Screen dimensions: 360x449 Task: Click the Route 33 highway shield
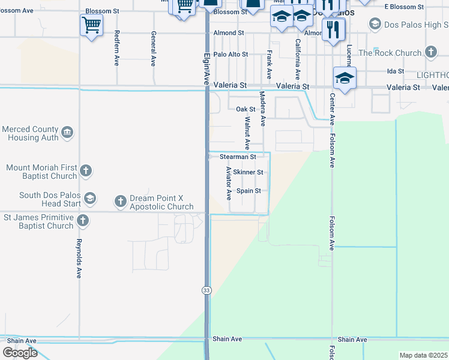pos(206,290)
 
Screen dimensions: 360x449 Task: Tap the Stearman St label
pos(238,157)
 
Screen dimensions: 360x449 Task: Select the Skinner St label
pos(248,172)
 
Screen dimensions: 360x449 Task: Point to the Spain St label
pos(249,191)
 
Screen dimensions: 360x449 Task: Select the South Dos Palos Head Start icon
pos(89,199)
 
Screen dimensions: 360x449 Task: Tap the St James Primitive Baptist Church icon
pos(82,221)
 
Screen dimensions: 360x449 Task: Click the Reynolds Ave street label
pos(79,259)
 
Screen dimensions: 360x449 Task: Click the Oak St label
pos(246,109)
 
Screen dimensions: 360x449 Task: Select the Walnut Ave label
pos(247,133)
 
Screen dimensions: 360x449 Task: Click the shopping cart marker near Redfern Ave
pos(91,25)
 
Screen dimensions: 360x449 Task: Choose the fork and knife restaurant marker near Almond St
pos(333,29)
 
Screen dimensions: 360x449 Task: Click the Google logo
pos(20,353)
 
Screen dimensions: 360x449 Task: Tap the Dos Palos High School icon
pos(375,24)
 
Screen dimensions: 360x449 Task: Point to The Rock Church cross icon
pos(430,53)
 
